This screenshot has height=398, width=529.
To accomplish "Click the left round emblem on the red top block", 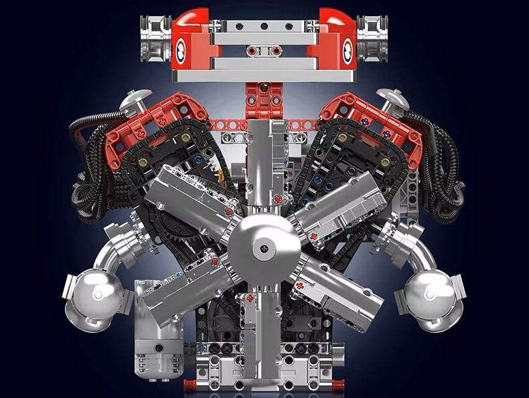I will point(181,50).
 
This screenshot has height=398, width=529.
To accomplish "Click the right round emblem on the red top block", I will point(348,50).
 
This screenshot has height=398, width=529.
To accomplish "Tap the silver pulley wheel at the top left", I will point(155,38).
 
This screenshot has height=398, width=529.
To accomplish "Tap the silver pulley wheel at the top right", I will point(372,38).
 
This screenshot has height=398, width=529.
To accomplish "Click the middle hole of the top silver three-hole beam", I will point(264,26).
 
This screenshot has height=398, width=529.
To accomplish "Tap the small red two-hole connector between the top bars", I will point(263,51).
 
